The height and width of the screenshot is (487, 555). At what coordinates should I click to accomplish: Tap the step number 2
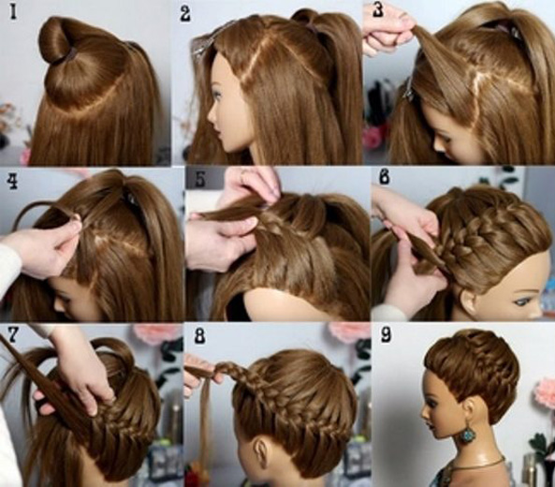click(185, 15)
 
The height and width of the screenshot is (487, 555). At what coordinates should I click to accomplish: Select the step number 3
click(378, 9)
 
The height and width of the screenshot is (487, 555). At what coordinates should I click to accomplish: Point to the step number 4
click(13, 181)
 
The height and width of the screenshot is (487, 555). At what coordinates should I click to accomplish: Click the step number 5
click(200, 180)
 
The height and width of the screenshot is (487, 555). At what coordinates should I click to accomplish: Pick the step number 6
click(385, 177)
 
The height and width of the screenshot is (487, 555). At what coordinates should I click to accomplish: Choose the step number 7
click(12, 334)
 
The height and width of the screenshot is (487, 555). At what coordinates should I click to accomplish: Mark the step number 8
click(200, 336)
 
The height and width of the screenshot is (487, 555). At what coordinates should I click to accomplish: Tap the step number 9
click(386, 334)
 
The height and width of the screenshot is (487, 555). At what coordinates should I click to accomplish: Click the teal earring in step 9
click(467, 435)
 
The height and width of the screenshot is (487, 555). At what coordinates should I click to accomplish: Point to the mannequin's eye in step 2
click(217, 96)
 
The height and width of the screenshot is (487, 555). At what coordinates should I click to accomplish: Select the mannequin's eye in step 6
click(520, 302)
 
